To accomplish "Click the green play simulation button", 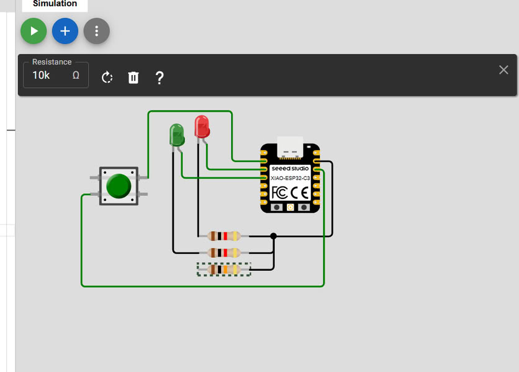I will pos(34,31).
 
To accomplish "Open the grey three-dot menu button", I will pos(96,31).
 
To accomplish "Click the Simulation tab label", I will pos(55,4).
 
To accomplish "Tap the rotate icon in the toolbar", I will pos(107,77).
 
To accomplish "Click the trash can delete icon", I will pos(133,77).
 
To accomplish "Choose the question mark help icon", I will pos(160,77).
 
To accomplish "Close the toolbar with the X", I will pos(503,69).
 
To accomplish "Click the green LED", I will pos(176,134).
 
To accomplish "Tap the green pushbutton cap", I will pos(119,186).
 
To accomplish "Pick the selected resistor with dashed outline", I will pos(224,269).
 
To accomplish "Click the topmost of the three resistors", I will pos(224,236).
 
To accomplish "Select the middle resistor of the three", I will pos(224,252).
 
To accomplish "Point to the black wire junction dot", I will pos(273,236).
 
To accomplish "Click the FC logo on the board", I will pos(279,192).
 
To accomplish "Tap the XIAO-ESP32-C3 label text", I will pos(290,178).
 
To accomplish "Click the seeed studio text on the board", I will pos(290,168).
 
